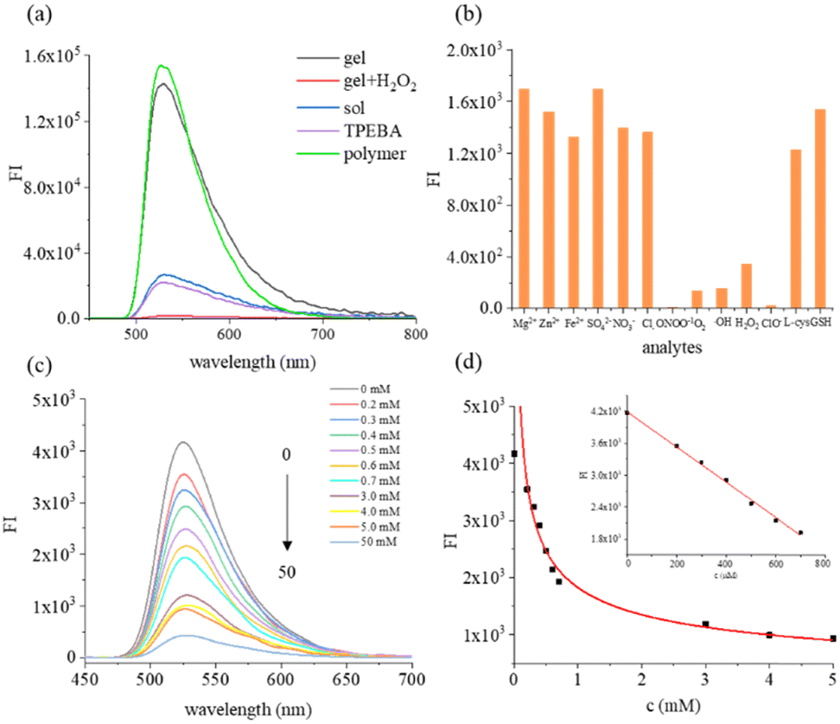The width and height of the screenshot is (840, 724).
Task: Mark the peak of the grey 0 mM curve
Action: click(x=182, y=443)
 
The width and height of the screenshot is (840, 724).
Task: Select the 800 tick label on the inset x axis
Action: click(x=821, y=563)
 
